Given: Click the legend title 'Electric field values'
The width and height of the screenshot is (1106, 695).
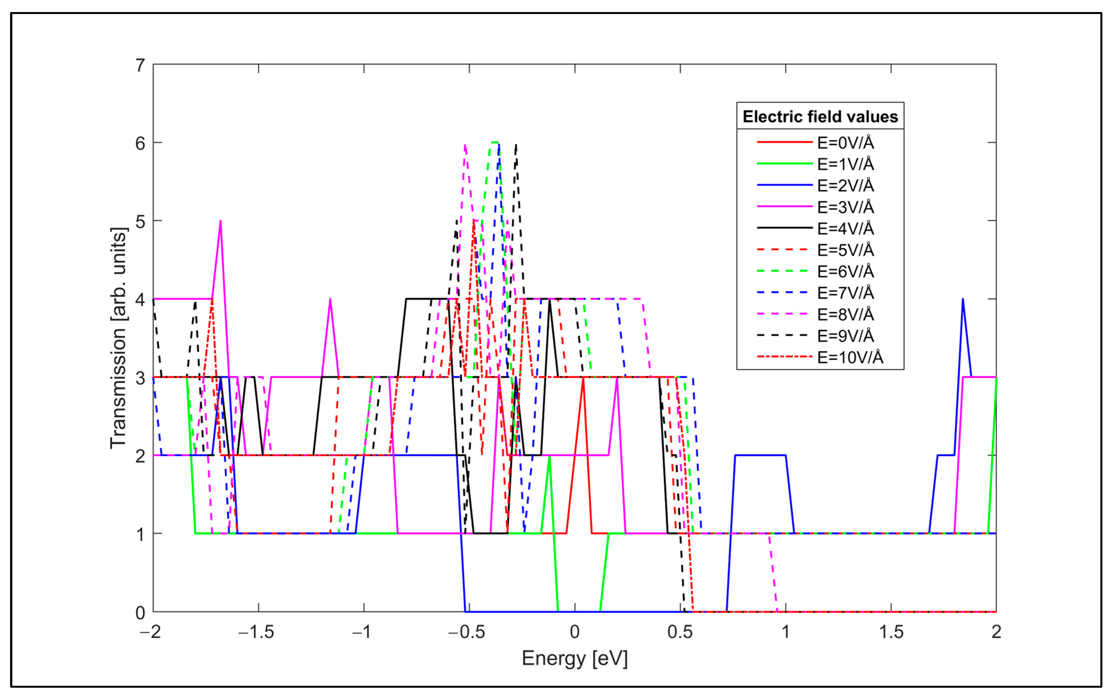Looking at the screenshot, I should coord(820,117).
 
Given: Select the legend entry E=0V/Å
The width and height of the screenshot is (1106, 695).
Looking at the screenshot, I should coord(845,143).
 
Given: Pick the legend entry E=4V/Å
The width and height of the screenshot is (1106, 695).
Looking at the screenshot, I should coord(845,228).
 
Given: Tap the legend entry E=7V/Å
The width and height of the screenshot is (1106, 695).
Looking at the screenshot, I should coord(845,292).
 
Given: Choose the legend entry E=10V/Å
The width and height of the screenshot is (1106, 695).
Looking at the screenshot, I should coord(850,357).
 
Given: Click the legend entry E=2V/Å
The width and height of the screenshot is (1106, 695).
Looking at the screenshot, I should coord(845,185).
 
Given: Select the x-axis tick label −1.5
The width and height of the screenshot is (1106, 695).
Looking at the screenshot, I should coord(256,632).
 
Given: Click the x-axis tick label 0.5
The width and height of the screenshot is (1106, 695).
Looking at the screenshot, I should coord(680,632).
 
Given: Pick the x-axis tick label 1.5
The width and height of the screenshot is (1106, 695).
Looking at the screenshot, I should coord(890,632).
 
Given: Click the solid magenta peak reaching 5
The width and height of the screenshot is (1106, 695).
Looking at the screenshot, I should coord(221,223).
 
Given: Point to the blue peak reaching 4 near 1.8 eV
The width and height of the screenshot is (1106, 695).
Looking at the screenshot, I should coord(963,301).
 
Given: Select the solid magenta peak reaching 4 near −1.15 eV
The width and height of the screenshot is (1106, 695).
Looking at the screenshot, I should coord(330,301).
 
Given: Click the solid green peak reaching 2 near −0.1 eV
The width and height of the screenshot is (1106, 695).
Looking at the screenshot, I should coord(549,458).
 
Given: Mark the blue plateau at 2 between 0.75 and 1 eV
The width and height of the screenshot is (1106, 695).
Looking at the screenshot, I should coord(760,455).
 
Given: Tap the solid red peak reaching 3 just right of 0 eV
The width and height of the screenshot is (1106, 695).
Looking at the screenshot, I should coord(583,379).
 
